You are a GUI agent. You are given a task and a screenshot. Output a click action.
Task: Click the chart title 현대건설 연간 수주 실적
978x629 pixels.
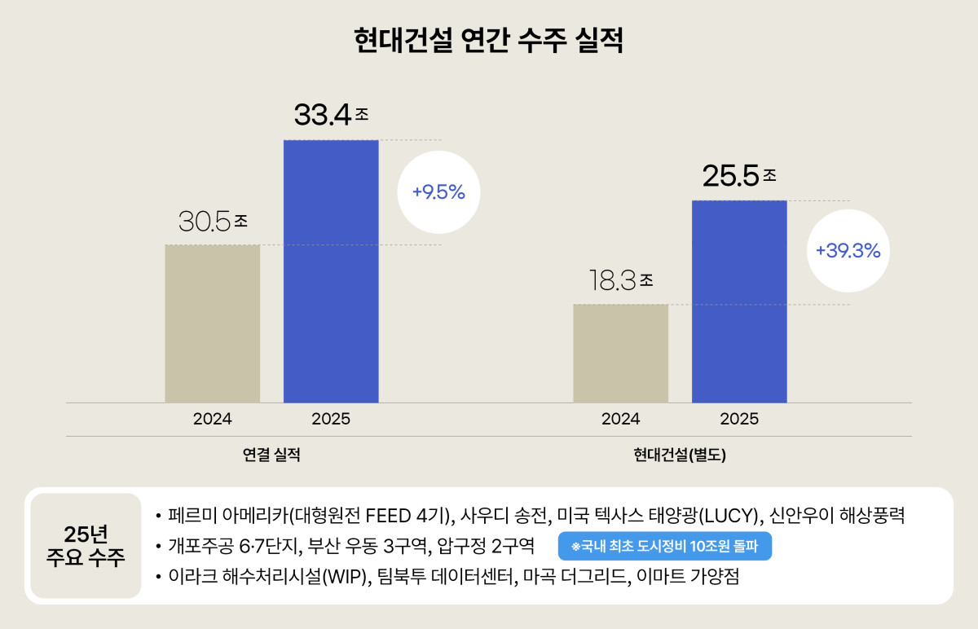(x=489, y=41)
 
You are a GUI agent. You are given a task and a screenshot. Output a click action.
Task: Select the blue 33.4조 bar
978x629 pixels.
(x=331, y=271)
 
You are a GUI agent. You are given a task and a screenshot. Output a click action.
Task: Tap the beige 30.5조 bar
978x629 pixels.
(x=213, y=323)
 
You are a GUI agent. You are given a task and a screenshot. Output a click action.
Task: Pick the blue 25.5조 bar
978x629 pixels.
(x=739, y=301)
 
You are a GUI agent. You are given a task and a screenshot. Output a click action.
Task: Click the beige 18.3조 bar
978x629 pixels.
(x=621, y=353)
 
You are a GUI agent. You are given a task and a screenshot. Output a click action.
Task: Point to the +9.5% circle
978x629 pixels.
(x=438, y=193)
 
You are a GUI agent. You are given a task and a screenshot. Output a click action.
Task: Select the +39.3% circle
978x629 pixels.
(x=848, y=251)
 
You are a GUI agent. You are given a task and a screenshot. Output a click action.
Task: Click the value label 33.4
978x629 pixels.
(x=323, y=115)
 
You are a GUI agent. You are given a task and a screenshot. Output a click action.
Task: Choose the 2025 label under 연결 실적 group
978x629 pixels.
(x=331, y=420)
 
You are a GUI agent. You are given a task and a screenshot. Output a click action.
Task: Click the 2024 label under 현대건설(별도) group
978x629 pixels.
(x=621, y=420)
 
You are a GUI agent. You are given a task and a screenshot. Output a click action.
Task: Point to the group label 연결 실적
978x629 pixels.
(x=271, y=455)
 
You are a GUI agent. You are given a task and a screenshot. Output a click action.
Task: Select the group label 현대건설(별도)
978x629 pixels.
(x=680, y=455)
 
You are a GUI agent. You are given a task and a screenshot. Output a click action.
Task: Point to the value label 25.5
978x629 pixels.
(x=731, y=175)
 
